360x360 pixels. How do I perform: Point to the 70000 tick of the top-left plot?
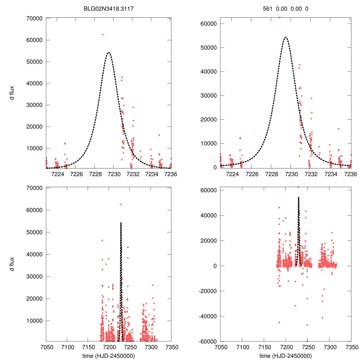pyautogui.click(x=35, y=18)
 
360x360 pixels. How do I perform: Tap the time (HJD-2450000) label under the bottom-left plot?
pyautogui.click(x=108, y=355)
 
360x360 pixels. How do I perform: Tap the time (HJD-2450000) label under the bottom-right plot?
pyautogui.click(x=285, y=355)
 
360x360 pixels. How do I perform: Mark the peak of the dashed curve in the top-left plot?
pyautogui.click(x=108, y=53)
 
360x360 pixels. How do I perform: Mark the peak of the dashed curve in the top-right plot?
pyautogui.click(x=285, y=37)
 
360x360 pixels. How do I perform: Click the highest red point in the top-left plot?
pyautogui.click(x=103, y=34)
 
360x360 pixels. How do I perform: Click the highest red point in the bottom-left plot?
pyautogui.click(x=120, y=204)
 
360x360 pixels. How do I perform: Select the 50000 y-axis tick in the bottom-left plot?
pyautogui.click(x=35, y=232)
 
